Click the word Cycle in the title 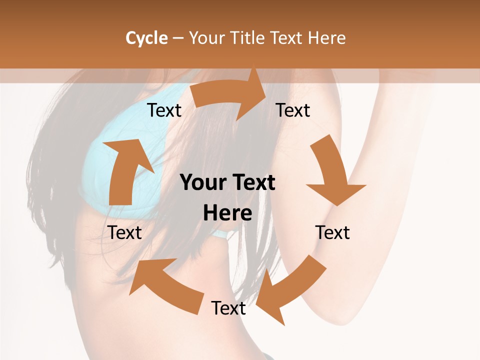click(146, 38)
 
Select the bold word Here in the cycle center click(227, 213)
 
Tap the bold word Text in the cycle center click(253, 183)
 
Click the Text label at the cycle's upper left click(164, 110)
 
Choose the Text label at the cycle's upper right click(293, 110)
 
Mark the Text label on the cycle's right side click(332, 232)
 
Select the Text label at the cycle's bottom click(228, 308)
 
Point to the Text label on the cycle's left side click(125, 232)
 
